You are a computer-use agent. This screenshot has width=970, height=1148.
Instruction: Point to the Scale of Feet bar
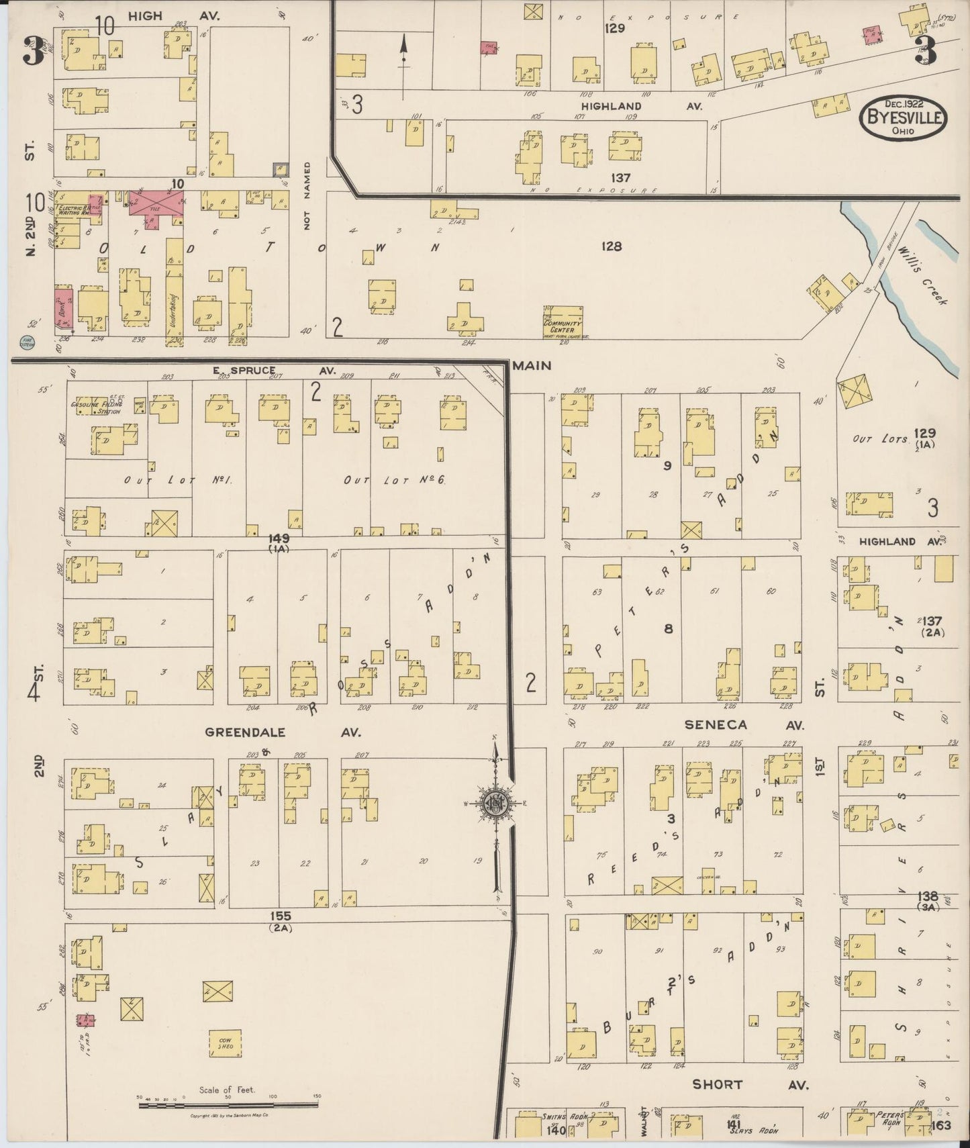(228, 1104)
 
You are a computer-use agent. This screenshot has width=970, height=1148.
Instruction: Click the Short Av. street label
(750, 1084)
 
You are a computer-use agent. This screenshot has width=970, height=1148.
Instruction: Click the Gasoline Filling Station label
(95, 408)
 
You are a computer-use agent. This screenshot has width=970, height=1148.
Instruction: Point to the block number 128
(611, 246)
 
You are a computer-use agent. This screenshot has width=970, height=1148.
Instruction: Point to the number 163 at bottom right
(940, 1125)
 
